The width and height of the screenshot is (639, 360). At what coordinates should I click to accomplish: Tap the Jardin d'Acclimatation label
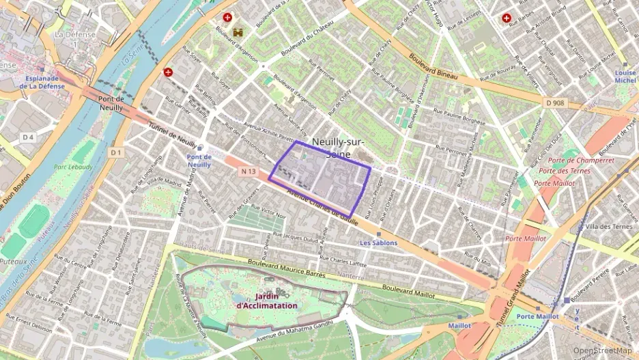coord(267,301)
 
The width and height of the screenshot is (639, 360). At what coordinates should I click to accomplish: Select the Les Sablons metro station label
coord(378,243)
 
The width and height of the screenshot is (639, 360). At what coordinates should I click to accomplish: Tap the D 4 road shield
coord(27,137)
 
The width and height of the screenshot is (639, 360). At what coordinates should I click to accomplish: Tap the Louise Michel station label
coord(625,77)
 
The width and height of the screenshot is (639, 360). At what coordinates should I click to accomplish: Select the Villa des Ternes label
coord(609,226)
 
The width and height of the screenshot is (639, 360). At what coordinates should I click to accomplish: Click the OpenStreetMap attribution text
coord(601,350)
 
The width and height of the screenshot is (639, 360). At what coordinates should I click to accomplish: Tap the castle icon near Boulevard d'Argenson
coord(238,32)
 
